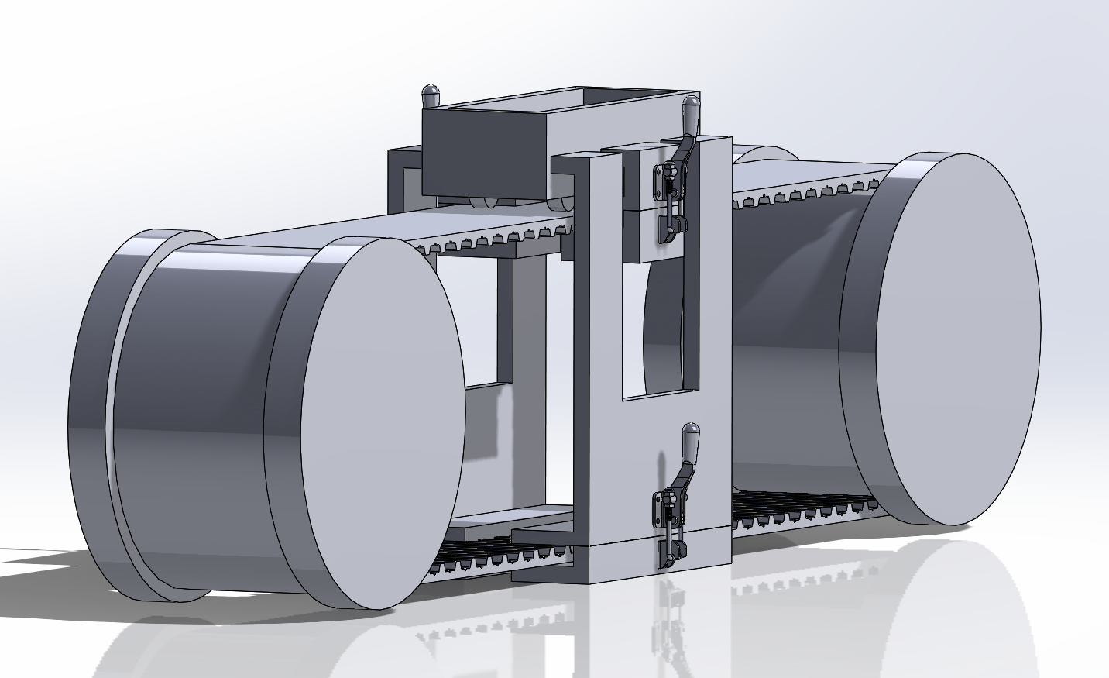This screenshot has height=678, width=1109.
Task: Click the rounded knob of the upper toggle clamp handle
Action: pos(692,102)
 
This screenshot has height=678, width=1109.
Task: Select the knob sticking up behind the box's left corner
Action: pos(431,95)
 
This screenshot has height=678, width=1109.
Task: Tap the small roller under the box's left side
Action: pos(484,205)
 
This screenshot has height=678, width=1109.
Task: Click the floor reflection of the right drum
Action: pos(929,589)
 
